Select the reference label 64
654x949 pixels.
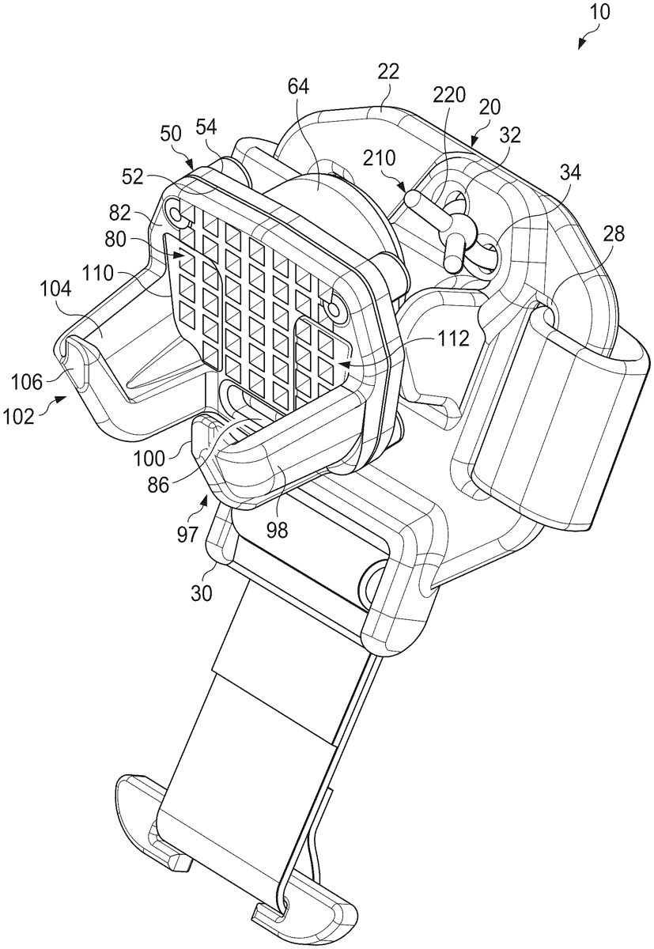[x=298, y=87]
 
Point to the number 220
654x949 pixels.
[x=449, y=96]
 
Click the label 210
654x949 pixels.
[x=379, y=158]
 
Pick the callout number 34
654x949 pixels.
[x=570, y=172]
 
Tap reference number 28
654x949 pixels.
[x=614, y=233]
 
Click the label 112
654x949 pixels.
[x=452, y=339]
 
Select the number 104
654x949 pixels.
[x=56, y=291]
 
